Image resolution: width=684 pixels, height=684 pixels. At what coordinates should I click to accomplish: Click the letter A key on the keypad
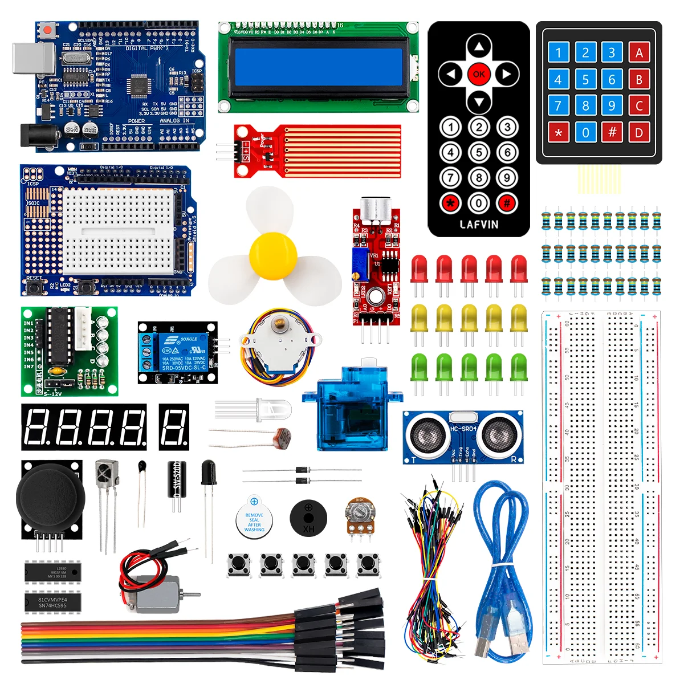(639, 53)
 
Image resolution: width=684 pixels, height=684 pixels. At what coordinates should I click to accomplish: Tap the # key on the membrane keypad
(612, 132)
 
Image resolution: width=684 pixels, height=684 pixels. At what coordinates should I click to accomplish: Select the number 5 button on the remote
(479, 153)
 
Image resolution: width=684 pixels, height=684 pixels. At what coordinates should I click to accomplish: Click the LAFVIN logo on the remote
(479, 225)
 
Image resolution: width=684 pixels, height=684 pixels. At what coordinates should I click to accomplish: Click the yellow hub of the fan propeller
(273, 256)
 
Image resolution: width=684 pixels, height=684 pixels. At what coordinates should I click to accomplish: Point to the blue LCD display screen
(318, 67)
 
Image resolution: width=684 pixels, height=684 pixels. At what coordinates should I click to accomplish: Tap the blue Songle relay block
(176, 353)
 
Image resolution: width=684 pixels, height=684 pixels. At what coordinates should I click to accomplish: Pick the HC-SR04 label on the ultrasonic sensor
(463, 429)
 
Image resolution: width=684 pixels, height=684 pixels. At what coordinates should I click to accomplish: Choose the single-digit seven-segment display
(174, 426)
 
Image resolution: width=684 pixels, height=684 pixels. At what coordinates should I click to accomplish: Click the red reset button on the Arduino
(47, 29)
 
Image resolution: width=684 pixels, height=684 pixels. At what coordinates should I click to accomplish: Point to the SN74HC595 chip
(52, 602)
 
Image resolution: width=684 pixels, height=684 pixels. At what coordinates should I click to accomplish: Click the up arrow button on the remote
(479, 47)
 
